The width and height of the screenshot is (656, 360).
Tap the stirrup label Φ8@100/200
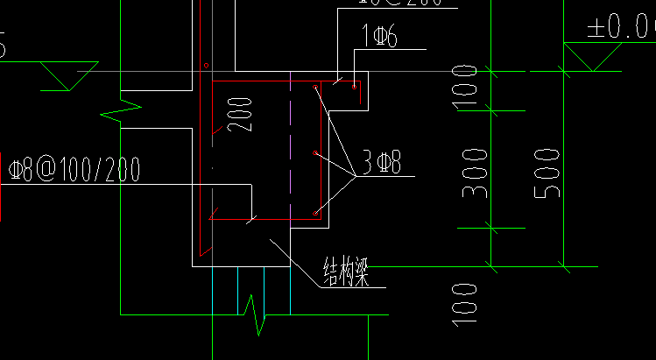74,169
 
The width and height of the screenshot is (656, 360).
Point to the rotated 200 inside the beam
244,114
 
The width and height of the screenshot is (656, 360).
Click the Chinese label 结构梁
344,271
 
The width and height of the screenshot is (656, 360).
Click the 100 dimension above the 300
466,87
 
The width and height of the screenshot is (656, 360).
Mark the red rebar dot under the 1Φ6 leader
354,86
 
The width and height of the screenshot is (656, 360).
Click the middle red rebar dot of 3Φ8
315,153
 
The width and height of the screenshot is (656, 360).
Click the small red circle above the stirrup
205,66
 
